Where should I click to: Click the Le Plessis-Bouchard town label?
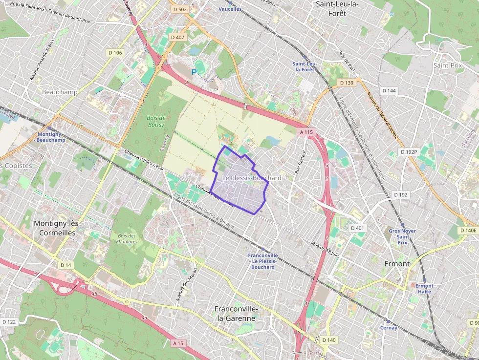252,178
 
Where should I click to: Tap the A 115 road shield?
306,132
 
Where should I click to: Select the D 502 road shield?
180,9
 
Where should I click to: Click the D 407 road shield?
177,37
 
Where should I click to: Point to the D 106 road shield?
115,53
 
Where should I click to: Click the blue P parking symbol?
194,72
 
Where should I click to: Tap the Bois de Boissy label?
156,121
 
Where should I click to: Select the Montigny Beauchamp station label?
51,137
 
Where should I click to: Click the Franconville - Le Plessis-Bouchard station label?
263,261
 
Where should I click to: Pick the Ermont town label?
397,264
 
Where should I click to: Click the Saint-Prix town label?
447,65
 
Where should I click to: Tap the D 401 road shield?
357,228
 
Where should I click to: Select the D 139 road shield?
346,83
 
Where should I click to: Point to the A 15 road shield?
178,343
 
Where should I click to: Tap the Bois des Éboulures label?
127,238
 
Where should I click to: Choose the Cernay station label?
389,328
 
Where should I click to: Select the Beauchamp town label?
60,92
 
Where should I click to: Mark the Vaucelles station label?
230,9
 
